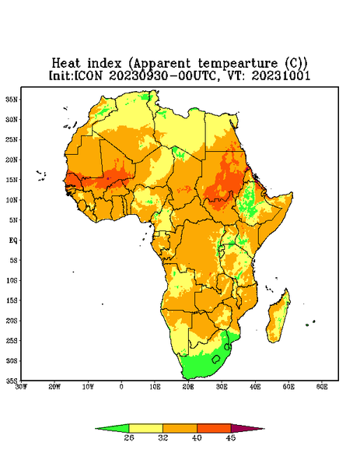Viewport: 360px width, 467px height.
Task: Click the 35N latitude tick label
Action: [12, 99]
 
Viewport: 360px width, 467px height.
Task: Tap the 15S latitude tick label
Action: [12, 300]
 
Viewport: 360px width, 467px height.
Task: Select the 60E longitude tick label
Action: [322, 387]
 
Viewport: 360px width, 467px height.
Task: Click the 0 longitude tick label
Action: [121, 387]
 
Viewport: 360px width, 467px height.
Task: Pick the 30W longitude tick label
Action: [21, 387]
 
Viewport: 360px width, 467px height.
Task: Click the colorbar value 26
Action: [129, 437]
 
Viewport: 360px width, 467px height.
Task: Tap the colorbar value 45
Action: [231, 437]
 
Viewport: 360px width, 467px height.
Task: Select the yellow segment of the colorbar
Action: [145, 428]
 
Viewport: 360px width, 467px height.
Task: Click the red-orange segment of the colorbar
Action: [214, 428]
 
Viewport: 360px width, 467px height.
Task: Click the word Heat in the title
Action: [66, 64]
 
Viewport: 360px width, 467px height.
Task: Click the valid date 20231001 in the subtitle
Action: [281, 75]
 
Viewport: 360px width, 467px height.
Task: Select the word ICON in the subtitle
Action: [88, 75]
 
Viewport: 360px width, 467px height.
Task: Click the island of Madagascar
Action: [278, 318]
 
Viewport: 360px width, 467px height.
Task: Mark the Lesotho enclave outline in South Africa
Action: [216, 359]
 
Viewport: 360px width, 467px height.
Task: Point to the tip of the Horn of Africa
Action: [292, 193]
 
